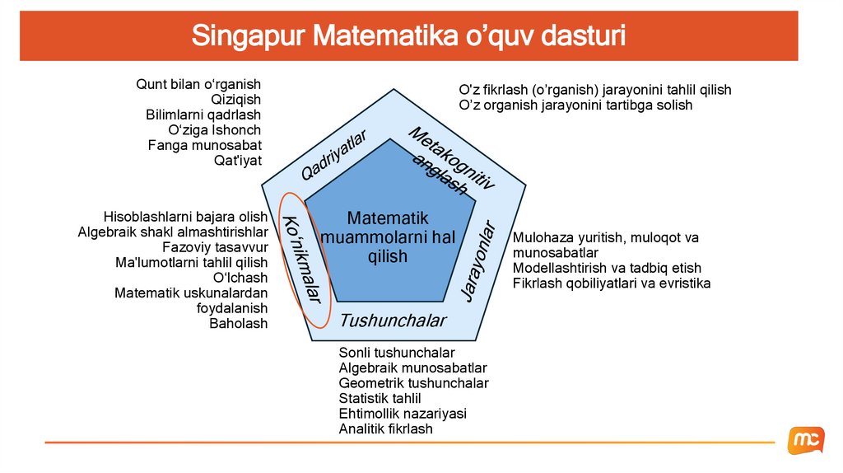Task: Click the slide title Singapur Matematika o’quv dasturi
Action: click(408, 36)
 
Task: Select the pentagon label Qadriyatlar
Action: click(333, 154)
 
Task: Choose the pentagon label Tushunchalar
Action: click(393, 321)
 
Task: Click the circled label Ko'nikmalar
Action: click(302, 259)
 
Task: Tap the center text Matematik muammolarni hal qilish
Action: click(388, 237)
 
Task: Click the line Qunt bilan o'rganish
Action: click(198, 84)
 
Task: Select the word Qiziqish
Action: click(235, 100)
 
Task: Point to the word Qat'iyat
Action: click(237, 161)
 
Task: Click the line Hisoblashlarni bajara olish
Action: click(185, 217)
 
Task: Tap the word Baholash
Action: click(238, 324)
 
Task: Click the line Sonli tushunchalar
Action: click(397, 353)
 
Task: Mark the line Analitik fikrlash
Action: click(385, 429)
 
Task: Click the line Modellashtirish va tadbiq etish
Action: click(607, 268)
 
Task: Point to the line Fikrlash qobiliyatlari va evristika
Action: click(611, 283)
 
